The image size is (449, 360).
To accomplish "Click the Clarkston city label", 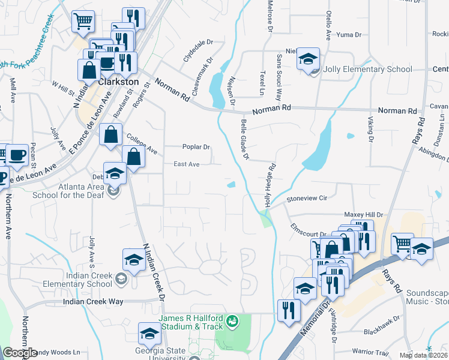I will point(118,81).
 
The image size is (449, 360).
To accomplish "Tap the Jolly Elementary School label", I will point(367,69).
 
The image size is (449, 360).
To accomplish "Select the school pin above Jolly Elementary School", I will point(308,59).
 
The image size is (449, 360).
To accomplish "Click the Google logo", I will point(20,353).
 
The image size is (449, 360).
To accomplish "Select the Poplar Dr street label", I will point(196,147).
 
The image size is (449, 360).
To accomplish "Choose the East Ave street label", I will point(186,164).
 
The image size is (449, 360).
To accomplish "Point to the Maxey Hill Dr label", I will point(363,214).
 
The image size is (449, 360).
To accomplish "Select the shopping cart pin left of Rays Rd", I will point(402,244).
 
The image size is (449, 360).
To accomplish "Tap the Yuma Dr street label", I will point(349,35).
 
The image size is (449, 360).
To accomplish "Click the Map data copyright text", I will point(423,355).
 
